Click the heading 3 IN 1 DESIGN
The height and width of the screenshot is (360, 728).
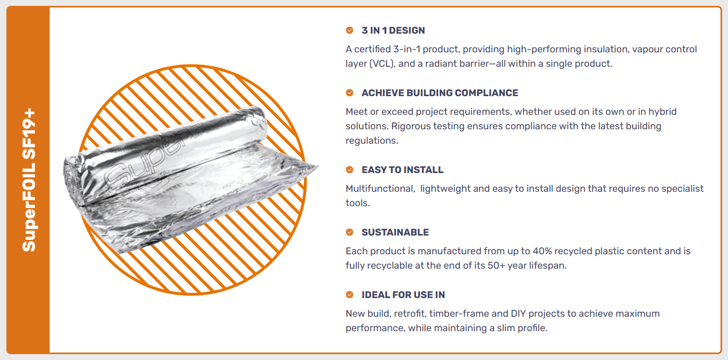[x=393, y=30]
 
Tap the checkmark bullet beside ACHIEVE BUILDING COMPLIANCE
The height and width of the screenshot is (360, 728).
[x=350, y=93]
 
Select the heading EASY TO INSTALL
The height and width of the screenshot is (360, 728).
[x=402, y=170]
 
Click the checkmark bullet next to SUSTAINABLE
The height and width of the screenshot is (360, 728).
[x=350, y=232]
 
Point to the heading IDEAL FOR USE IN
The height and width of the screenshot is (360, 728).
[x=403, y=295]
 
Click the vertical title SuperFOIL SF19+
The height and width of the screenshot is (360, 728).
[x=29, y=180]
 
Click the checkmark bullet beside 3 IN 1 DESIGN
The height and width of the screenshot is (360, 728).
[x=350, y=30]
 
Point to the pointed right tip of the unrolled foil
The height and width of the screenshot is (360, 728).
[x=318, y=166]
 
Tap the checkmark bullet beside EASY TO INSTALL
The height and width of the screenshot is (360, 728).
[x=350, y=170]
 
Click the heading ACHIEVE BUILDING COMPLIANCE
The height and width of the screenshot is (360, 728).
[x=440, y=93]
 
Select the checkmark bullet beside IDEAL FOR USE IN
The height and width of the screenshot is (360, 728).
[x=350, y=295]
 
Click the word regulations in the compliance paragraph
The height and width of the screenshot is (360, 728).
[x=372, y=141]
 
